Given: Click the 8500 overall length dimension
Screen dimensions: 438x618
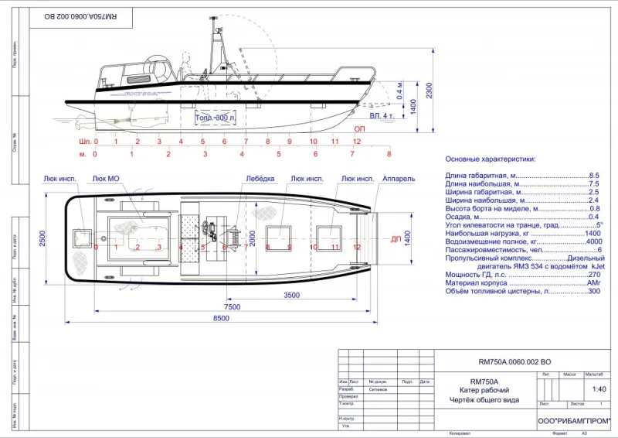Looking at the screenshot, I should tap(221, 318).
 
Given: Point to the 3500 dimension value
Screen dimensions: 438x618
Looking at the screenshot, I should tap(291, 296).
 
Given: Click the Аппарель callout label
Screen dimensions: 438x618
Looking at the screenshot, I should tap(399, 179).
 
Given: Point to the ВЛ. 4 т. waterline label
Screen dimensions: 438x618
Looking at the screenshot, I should tap(383, 116).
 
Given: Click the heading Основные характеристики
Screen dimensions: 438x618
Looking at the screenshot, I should tap(491, 159).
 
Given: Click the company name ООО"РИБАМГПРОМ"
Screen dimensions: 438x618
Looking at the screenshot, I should tap(573, 420).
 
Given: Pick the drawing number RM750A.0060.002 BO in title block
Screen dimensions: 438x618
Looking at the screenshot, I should tap(514, 361).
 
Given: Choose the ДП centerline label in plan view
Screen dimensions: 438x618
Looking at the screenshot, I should tap(396, 239).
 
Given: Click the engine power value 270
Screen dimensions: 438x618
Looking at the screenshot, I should tap(594, 275).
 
